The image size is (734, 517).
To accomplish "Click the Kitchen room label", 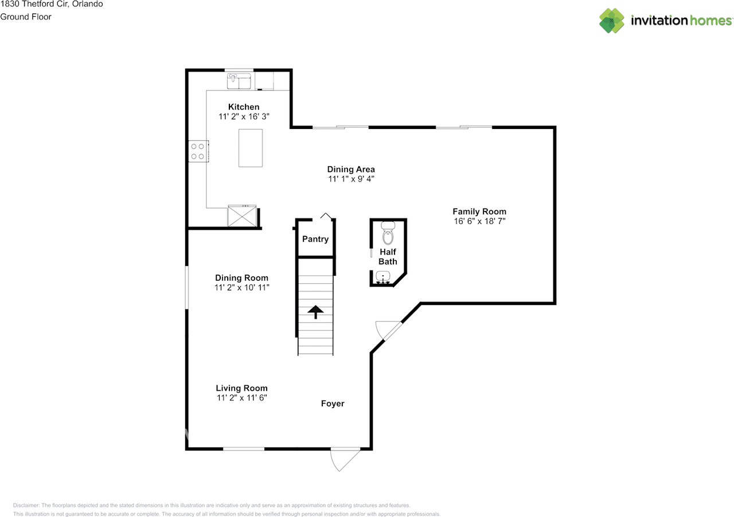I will pyautogui.click(x=244, y=107).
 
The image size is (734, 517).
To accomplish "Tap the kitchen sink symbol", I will pyautogui.click(x=239, y=81).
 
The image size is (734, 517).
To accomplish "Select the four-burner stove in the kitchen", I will pyautogui.click(x=198, y=151).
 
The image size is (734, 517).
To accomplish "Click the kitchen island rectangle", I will pyautogui.click(x=251, y=148).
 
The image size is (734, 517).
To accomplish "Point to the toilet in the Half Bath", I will pyautogui.click(x=388, y=233).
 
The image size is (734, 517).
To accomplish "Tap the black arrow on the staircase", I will pyautogui.click(x=315, y=312).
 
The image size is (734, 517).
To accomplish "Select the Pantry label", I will pyautogui.click(x=315, y=239).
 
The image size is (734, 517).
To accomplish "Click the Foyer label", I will pyautogui.click(x=333, y=404).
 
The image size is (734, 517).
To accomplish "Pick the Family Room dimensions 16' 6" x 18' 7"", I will pyautogui.click(x=479, y=221).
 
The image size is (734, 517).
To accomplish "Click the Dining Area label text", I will pyautogui.click(x=351, y=169).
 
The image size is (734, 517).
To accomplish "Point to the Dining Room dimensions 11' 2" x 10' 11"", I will pyautogui.click(x=241, y=287).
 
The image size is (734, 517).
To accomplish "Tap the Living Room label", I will pyautogui.click(x=241, y=388).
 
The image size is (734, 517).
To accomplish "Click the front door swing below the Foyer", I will pyautogui.click(x=345, y=459).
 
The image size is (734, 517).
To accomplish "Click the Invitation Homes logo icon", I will pyautogui.click(x=612, y=21).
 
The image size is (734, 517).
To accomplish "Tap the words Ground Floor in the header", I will pyautogui.click(x=26, y=17).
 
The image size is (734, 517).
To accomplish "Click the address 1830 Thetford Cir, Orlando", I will pyautogui.click(x=52, y=4).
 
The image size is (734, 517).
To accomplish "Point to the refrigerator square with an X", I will pyautogui.click(x=242, y=216).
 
